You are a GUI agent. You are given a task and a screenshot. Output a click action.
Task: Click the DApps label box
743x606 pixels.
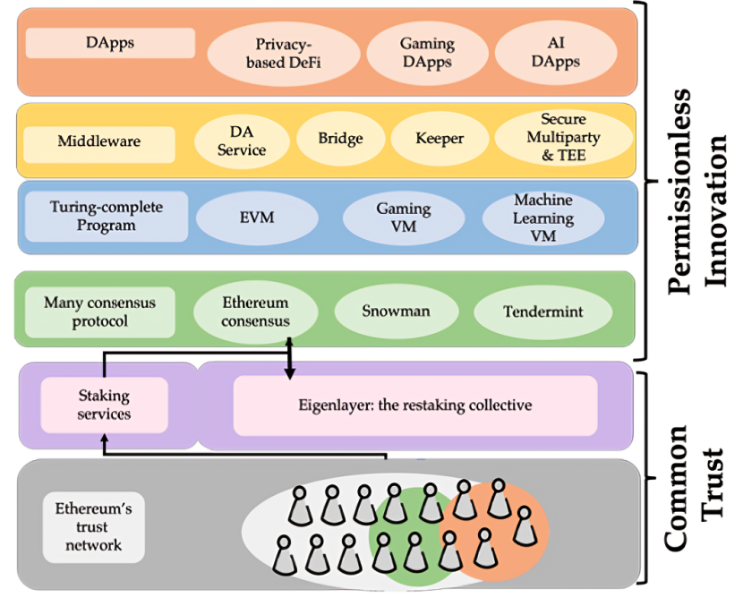(x=110, y=43)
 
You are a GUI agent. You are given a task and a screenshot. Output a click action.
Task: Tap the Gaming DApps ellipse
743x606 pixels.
(x=426, y=53)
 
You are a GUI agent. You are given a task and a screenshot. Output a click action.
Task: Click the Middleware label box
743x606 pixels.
(x=98, y=141)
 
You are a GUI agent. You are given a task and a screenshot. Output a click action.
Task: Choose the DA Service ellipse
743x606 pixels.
(x=242, y=141)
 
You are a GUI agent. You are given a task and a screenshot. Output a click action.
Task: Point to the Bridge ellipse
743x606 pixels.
(x=340, y=139)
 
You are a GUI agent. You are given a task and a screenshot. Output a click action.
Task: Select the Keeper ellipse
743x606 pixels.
(x=439, y=139)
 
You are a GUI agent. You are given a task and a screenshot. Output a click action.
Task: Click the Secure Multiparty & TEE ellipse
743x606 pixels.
(x=562, y=138)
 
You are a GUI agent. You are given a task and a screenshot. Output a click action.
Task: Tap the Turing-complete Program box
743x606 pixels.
(x=106, y=216)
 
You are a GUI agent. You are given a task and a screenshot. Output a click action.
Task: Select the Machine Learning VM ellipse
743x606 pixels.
(x=543, y=218)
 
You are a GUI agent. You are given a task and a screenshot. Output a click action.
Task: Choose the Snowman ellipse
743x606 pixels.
(x=396, y=312)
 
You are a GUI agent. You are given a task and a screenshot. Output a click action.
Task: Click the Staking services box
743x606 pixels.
(x=105, y=404)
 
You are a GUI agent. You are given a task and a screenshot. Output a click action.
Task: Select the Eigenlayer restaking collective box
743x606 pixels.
(x=414, y=405)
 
